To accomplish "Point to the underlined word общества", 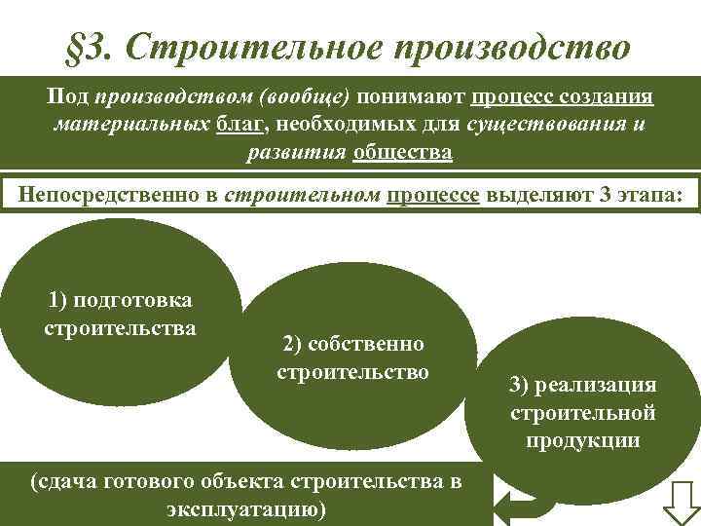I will pyautogui.click(x=403, y=153).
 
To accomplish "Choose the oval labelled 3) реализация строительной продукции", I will pyautogui.click(x=581, y=409).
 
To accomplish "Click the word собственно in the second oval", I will pyautogui.click(x=352, y=344).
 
